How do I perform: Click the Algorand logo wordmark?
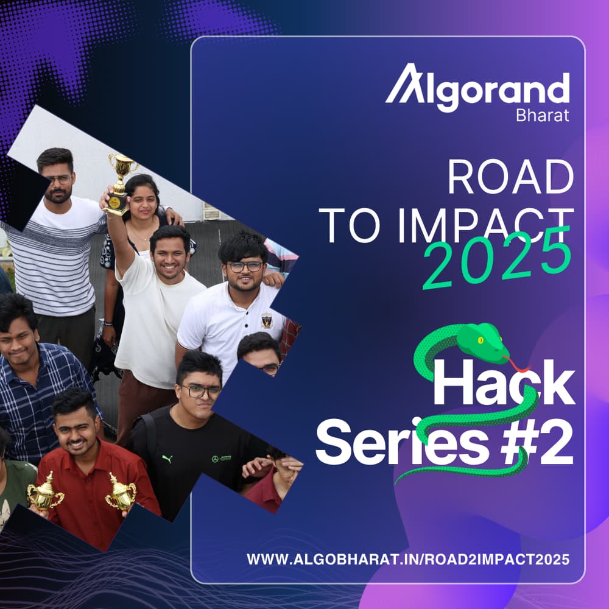[x=478, y=90]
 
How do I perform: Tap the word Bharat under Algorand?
[x=542, y=115]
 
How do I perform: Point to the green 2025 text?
[x=497, y=259]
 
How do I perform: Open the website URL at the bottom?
[x=408, y=559]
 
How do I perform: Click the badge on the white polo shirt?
[x=266, y=320]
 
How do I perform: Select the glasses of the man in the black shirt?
[x=200, y=392]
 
